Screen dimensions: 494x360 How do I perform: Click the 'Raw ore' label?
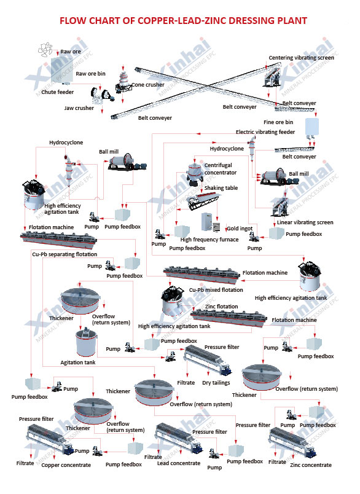click(71, 51)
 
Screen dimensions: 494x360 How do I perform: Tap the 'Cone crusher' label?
click(147, 85)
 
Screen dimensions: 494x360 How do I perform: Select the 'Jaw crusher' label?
click(79, 108)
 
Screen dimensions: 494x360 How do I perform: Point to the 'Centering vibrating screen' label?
click(301, 58)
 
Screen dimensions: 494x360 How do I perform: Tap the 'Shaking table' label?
click(222, 188)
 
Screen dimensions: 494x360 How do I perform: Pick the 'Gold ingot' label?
click(240, 229)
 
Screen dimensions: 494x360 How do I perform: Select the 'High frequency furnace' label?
click(209, 240)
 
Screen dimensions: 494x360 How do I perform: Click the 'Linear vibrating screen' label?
click(305, 222)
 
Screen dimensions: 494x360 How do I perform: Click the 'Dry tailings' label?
click(216, 383)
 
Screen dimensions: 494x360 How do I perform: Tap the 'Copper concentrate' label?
click(66, 465)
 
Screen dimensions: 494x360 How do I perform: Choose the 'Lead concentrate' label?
click(179, 463)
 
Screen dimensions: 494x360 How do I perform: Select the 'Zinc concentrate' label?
click(311, 465)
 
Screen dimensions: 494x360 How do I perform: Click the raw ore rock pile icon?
click(46, 49)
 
